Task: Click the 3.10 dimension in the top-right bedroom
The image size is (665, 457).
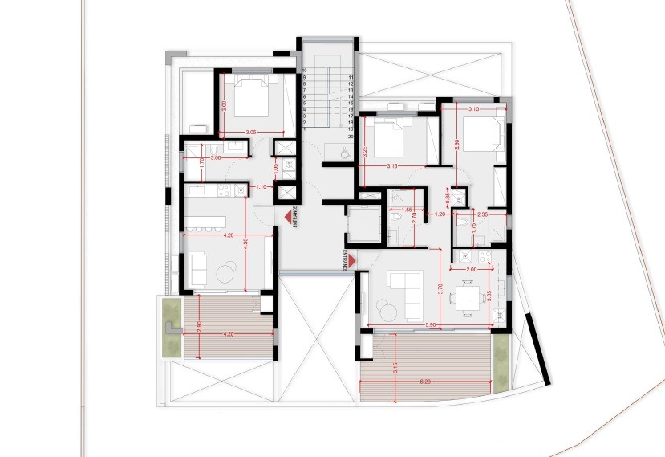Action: pos(473,108)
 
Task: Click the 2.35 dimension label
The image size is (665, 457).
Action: pos(482,214)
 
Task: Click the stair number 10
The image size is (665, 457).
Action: pos(305,71)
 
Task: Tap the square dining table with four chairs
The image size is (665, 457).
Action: pos(466,298)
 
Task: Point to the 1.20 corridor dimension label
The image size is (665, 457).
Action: pos(440,214)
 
